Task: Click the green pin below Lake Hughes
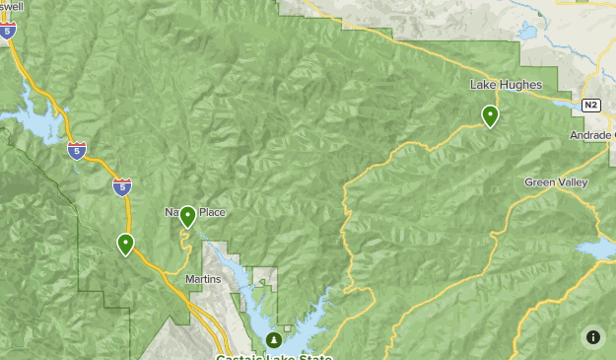(x=490, y=116)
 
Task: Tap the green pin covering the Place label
(x=187, y=216)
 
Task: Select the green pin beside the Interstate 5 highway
(x=125, y=244)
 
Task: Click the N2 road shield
(x=590, y=105)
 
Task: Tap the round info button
(x=593, y=337)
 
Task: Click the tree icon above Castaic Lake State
(x=274, y=339)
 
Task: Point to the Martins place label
(x=204, y=279)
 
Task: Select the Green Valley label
(x=556, y=182)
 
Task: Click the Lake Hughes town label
(x=506, y=85)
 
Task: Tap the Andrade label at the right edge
(x=592, y=135)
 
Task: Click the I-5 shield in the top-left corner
(x=9, y=32)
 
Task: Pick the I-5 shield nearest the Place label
(x=121, y=185)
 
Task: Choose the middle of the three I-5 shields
(x=77, y=150)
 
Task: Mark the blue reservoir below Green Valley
(x=595, y=249)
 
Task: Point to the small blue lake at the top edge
(x=528, y=32)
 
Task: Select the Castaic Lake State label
(x=274, y=356)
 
